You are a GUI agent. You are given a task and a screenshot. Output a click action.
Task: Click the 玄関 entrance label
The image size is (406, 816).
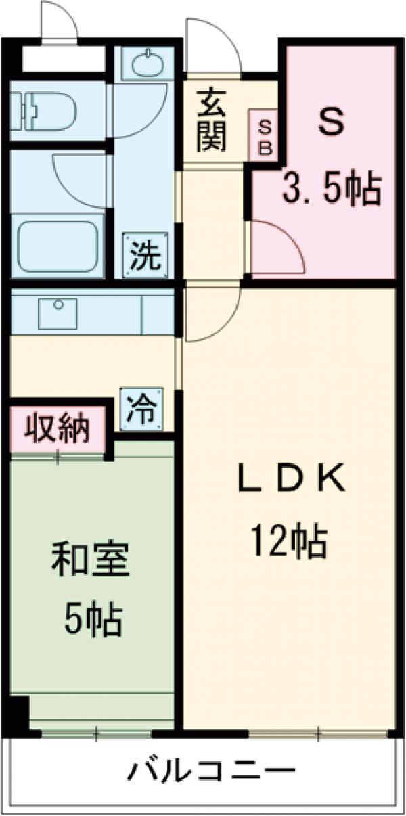(212, 120)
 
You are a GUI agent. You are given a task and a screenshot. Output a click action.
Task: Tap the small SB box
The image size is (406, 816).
(265, 137)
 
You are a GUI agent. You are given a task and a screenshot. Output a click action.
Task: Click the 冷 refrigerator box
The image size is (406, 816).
(143, 408)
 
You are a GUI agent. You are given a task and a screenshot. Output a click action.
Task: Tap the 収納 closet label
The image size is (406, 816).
(58, 429)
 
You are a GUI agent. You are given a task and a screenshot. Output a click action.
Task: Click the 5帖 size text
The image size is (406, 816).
(93, 618)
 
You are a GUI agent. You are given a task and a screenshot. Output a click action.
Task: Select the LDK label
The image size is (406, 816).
(290, 480)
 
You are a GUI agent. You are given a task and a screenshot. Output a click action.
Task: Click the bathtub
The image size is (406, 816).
(60, 245)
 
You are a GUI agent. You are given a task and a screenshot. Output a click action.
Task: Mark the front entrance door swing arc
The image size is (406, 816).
(211, 47)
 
